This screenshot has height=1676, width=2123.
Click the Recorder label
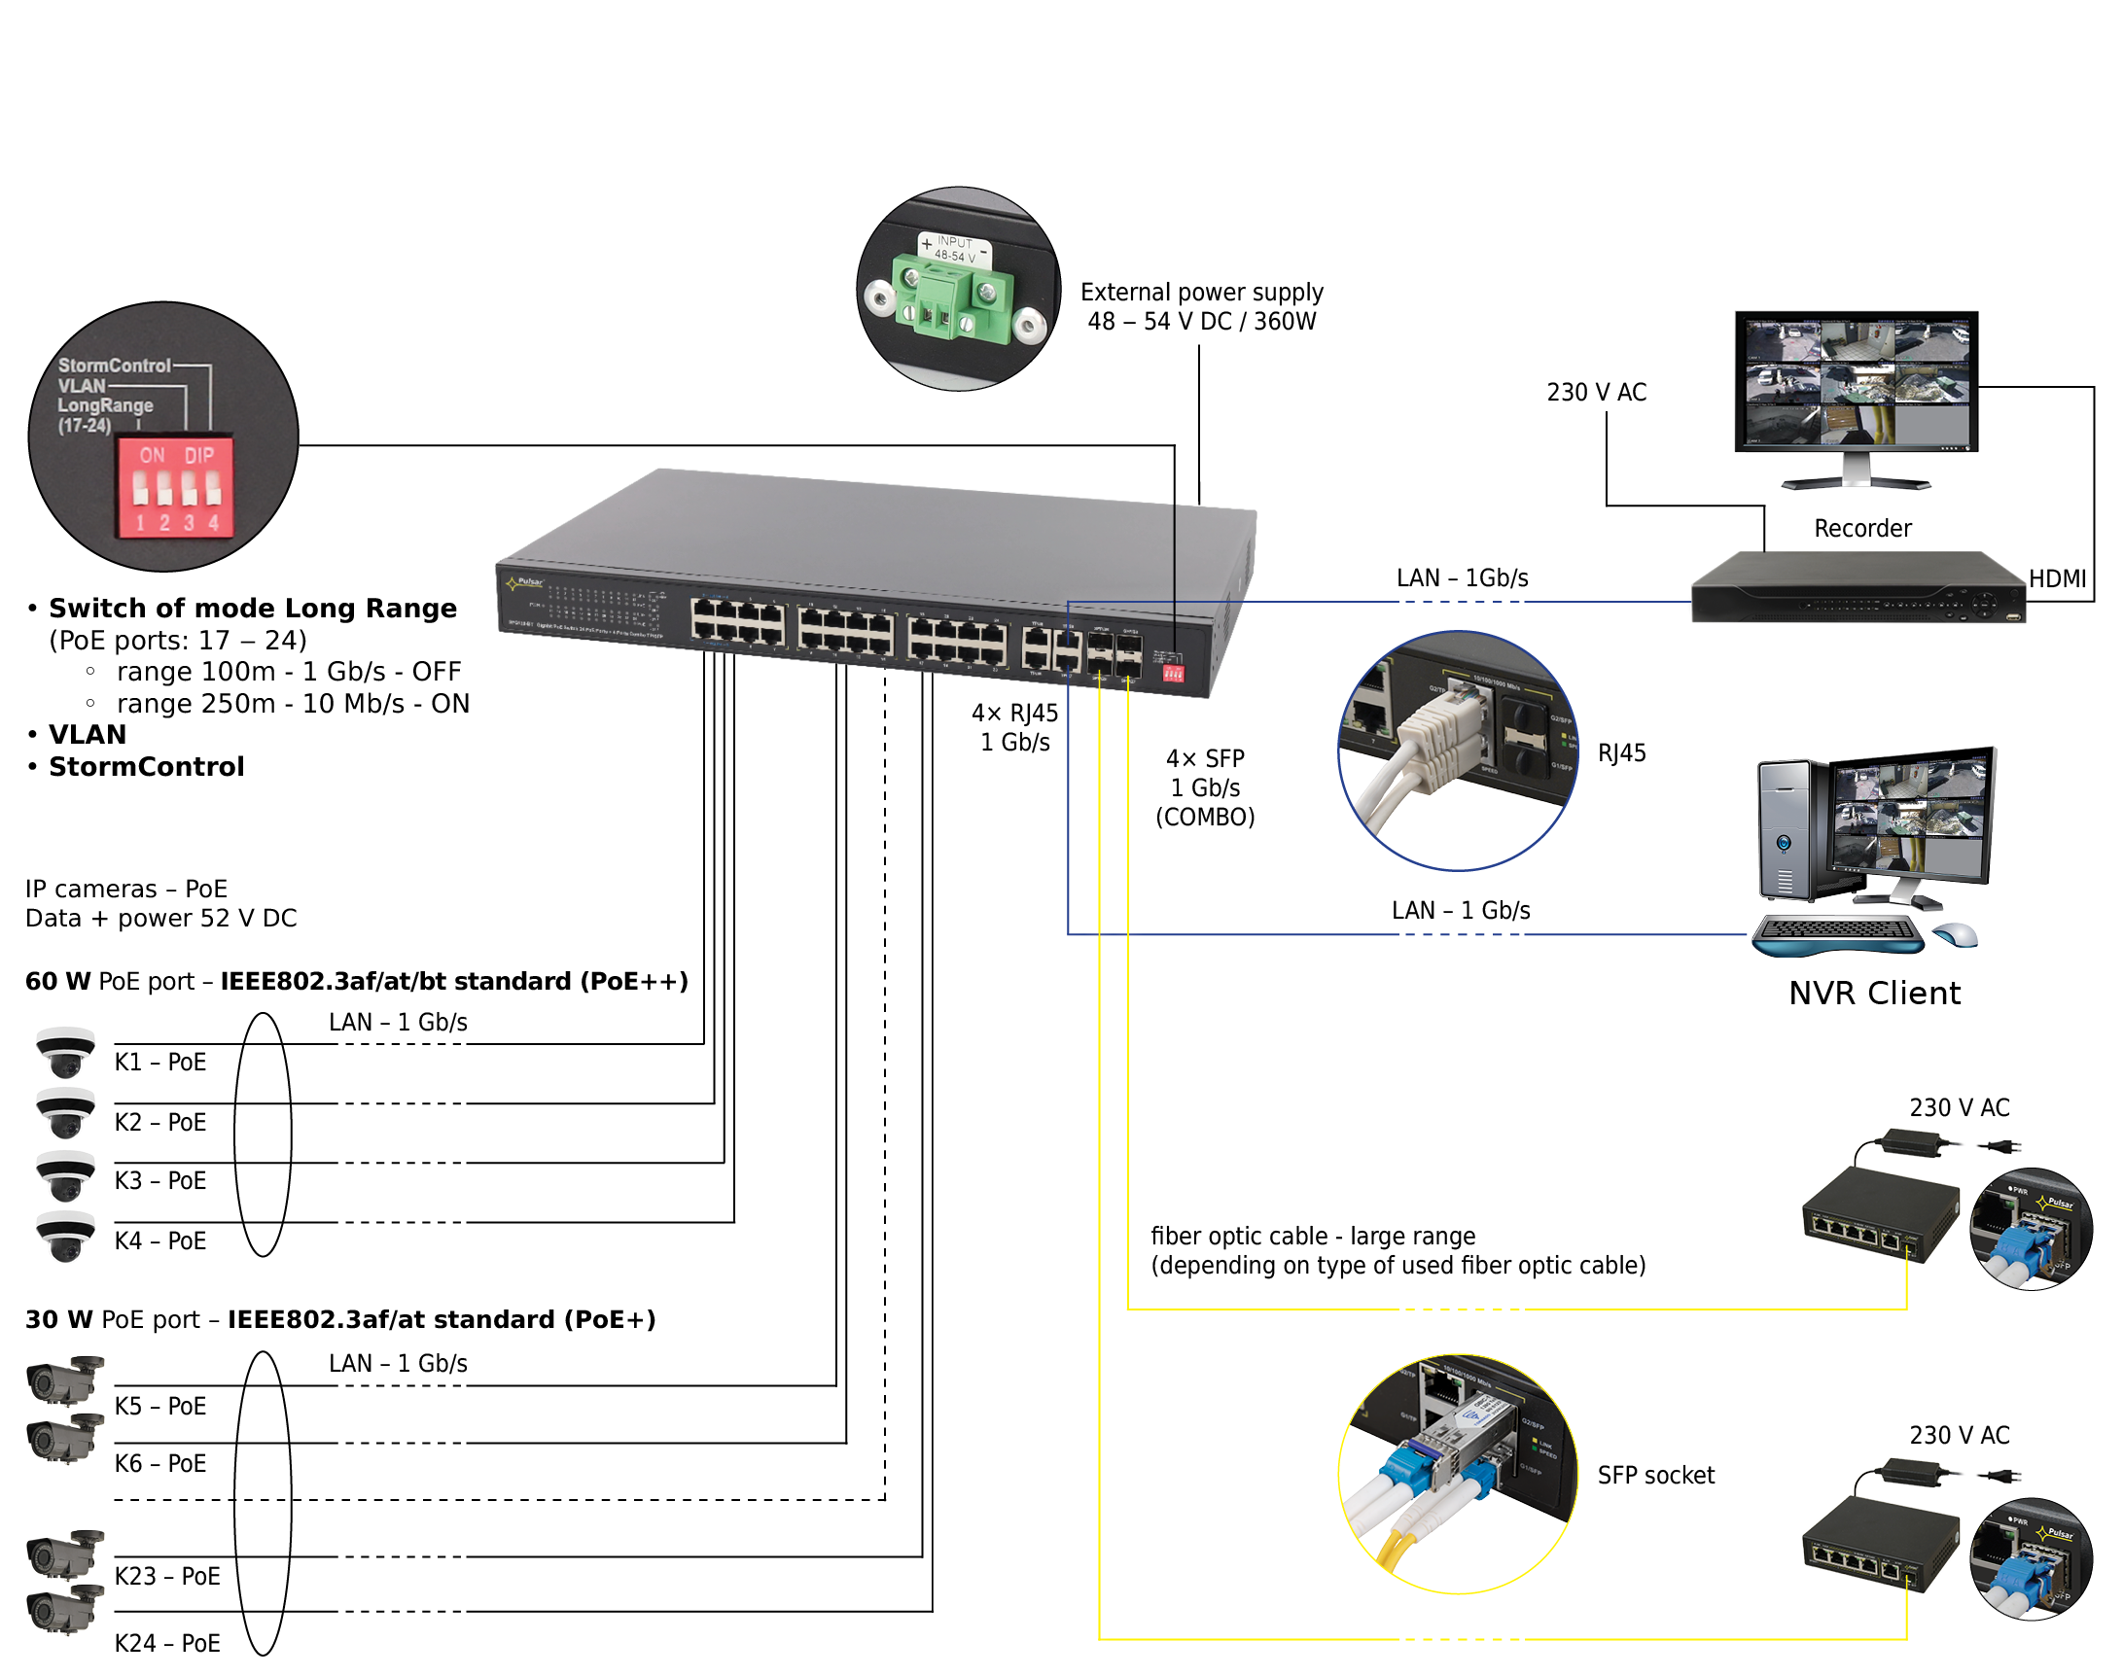click(x=1862, y=529)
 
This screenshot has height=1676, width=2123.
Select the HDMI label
click(x=2057, y=579)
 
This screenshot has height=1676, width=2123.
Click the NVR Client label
click(x=1874, y=993)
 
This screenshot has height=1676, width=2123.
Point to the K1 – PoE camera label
click(x=160, y=1063)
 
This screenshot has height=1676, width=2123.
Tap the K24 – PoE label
click(x=167, y=1643)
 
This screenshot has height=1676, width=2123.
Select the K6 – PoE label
click(x=160, y=1464)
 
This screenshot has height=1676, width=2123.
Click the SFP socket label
click(x=1655, y=1476)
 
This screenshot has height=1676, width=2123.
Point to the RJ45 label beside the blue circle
click(x=1621, y=753)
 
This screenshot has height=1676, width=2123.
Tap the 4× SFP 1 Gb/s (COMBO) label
click(x=1204, y=788)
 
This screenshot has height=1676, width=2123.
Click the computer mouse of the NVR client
click(x=1955, y=935)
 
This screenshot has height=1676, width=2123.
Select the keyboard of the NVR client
click(x=1835, y=932)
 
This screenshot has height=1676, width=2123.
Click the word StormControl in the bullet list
click(x=146, y=767)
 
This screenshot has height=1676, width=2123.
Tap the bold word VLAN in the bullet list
click(x=88, y=735)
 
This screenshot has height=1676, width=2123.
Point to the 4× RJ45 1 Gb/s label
click(x=1015, y=727)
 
